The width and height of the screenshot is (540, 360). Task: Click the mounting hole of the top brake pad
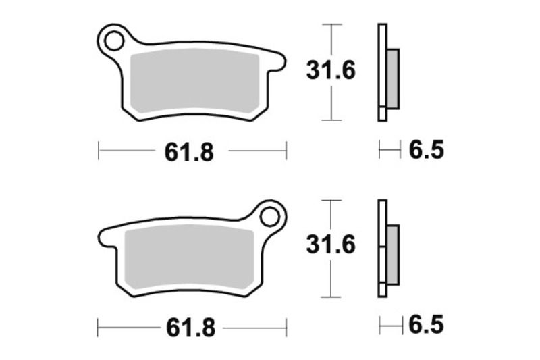point(113,41)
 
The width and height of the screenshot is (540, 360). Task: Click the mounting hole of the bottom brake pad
point(270,217)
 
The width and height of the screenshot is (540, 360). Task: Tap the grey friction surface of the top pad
point(196,82)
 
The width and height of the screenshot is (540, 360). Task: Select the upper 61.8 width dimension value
point(189,152)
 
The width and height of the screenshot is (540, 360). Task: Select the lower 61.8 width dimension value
point(189,328)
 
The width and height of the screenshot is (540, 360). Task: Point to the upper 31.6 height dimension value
point(331,71)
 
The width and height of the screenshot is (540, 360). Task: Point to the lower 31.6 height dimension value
point(331,246)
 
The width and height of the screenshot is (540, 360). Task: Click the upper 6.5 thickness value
point(426,150)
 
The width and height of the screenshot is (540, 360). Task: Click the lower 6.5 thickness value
point(426,326)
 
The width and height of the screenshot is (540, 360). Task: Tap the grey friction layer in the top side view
point(393,78)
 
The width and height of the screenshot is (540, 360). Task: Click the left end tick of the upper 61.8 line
point(99,151)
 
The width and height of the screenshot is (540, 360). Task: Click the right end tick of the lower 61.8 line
point(287,328)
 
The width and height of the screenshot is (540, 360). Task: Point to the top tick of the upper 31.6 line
point(329,24)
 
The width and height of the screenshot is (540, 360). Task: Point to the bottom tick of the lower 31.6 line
point(329,297)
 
